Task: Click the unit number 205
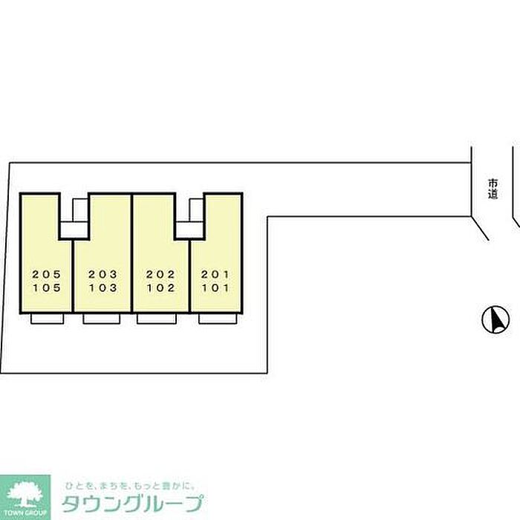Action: [46, 274]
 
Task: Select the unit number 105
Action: [47, 287]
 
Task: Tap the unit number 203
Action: [103, 274]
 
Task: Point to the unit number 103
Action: [103, 287]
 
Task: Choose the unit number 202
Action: [160, 274]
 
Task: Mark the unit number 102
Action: [161, 287]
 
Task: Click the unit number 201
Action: [215, 274]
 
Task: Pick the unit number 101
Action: [215, 287]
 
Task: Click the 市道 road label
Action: [493, 189]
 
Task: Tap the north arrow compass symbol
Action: [495, 319]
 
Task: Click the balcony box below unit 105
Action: [47, 319]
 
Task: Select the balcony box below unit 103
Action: [102, 319]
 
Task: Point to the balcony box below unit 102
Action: [157, 319]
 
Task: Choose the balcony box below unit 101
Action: [218, 319]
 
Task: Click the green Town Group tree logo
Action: [25, 497]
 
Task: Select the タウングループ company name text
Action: [132, 504]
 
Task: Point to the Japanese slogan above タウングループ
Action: [130, 486]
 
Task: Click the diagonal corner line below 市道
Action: [480, 228]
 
